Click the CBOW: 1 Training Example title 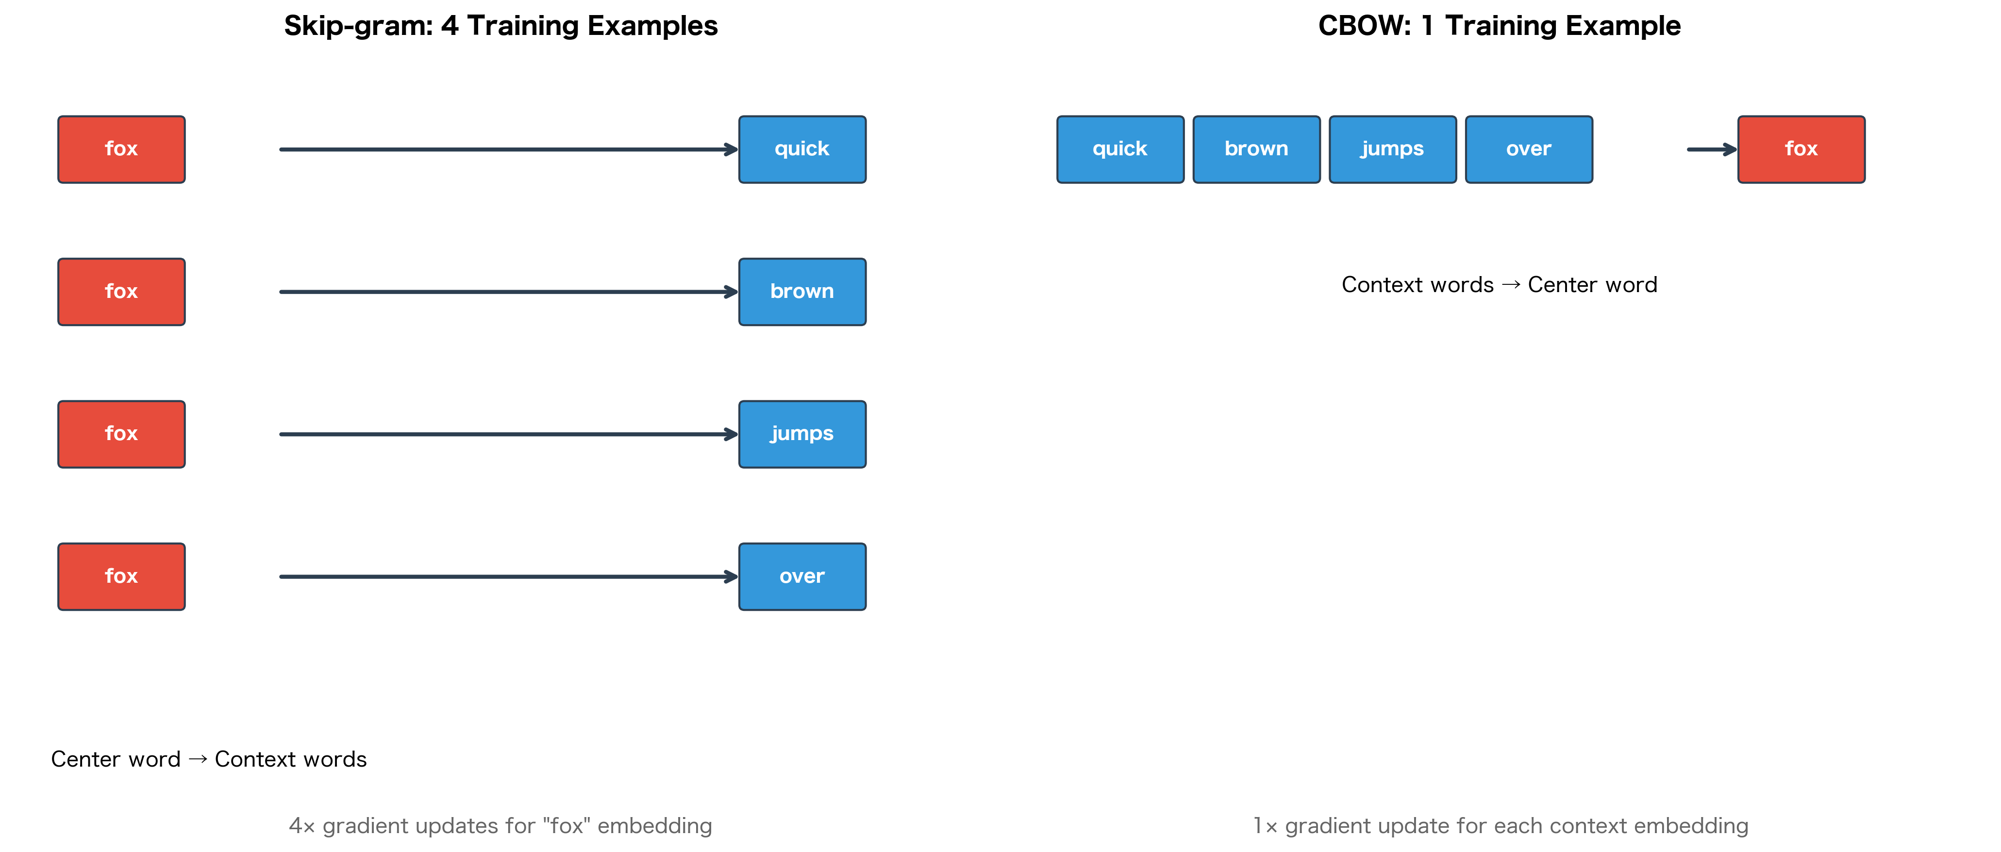(x=1499, y=26)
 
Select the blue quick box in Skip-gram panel (x=801, y=149)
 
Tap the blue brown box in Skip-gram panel (x=801, y=291)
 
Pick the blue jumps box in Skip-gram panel (x=801, y=433)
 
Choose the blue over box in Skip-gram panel (x=801, y=576)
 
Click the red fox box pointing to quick (x=121, y=149)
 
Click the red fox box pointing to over (x=121, y=576)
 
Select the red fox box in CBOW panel (x=1801, y=149)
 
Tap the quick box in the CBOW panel (x=1119, y=149)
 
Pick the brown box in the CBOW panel (x=1256, y=149)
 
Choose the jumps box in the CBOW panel (x=1392, y=149)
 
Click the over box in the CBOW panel (x=1528, y=149)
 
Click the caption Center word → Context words (x=208, y=759)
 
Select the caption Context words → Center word (x=1499, y=284)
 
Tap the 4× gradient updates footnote (x=500, y=826)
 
